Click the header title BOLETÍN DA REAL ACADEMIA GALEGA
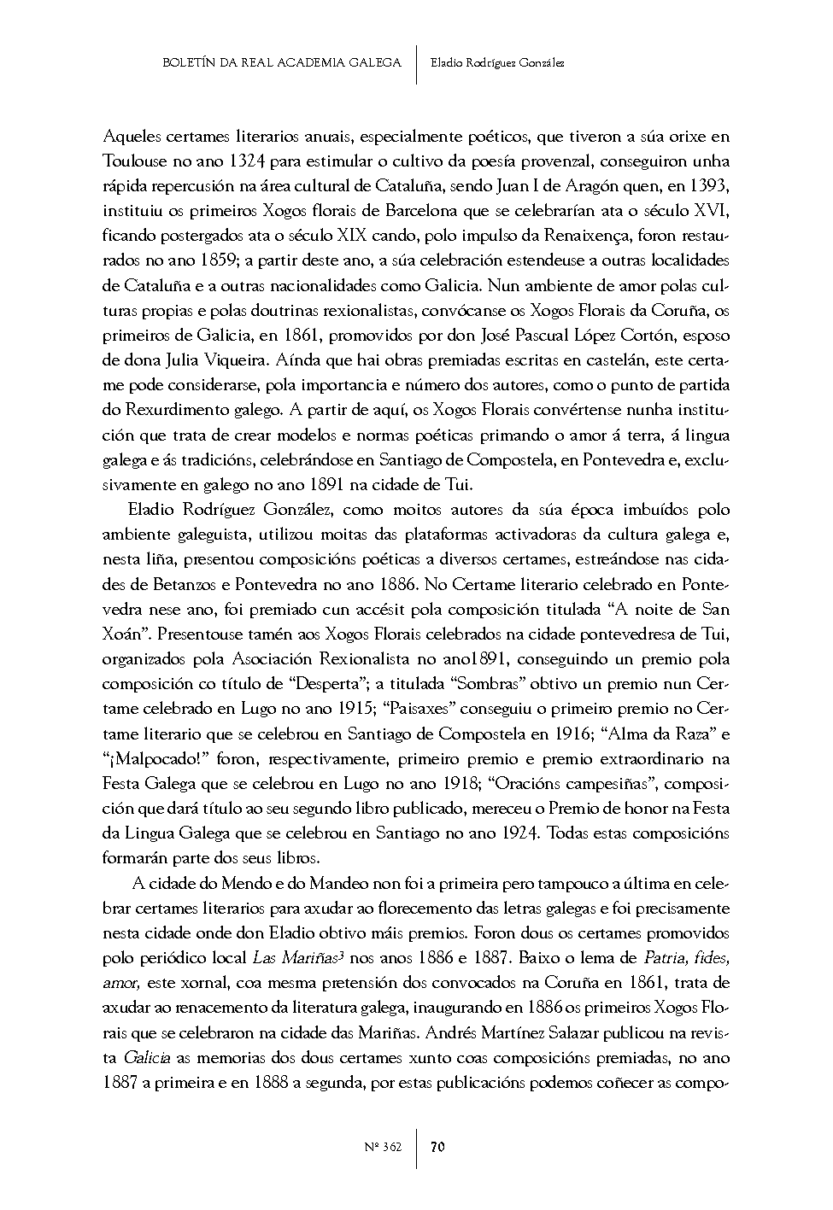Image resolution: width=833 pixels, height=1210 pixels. (x=282, y=62)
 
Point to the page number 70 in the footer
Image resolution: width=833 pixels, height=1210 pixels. (x=437, y=1147)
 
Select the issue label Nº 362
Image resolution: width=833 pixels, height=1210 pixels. (x=384, y=1147)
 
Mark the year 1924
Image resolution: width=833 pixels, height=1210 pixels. (x=518, y=833)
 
